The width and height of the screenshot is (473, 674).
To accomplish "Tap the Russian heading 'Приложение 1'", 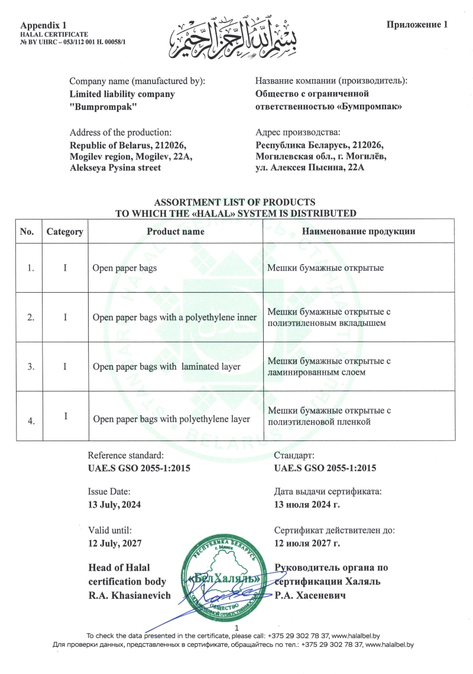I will [x=418, y=24].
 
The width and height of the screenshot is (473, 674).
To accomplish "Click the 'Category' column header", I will [x=64, y=232].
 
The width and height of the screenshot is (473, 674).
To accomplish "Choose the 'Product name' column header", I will [x=176, y=231].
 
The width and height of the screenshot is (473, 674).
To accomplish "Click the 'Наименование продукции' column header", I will [x=358, y=231].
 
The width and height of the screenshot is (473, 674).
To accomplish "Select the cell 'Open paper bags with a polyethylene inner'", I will [x=174, y=317].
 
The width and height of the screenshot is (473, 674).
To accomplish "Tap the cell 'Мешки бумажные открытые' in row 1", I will [x=326, y=268].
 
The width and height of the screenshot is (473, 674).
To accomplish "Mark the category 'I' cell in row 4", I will [x=65, y=416].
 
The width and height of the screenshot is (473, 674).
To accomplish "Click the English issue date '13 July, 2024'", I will [x=115, y=504].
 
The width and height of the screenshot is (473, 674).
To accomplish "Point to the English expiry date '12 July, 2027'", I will [x=115, y=542].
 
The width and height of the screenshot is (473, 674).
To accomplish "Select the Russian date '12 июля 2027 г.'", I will [x=307, y=542].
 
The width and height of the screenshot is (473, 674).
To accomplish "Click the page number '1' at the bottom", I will [x=237, y=627].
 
